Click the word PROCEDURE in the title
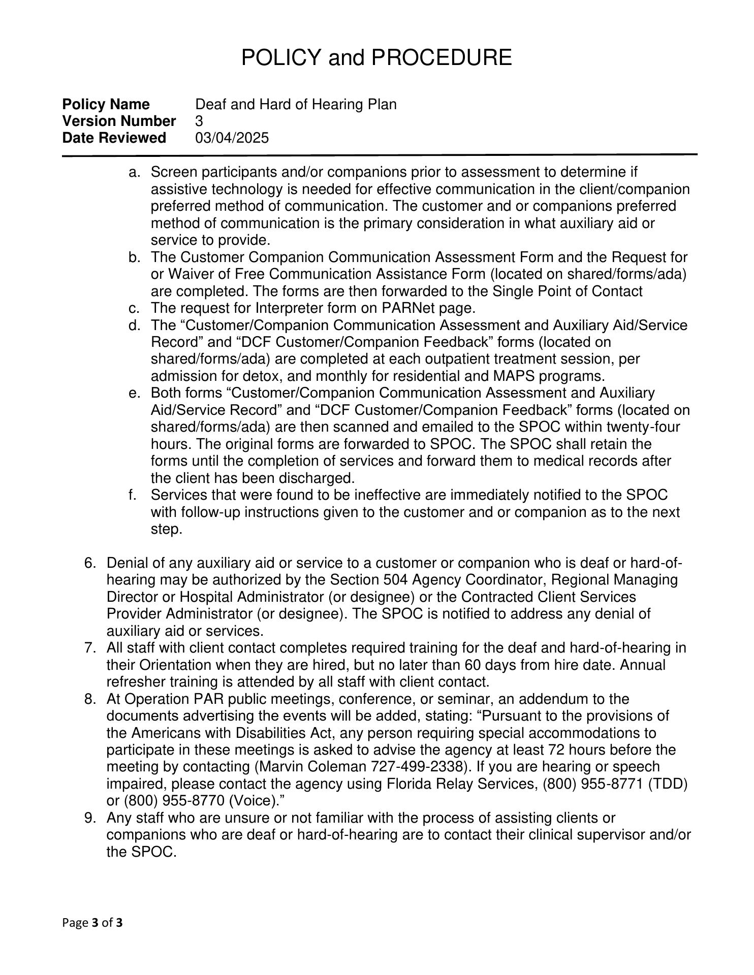click(x=442, y=57)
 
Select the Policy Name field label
click(x=106, y=105)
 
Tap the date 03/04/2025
click(x=232, y=138)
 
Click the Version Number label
click(x=119, y=121)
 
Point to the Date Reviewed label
click(x=114, y=138)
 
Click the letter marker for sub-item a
click(x=134, y=173)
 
